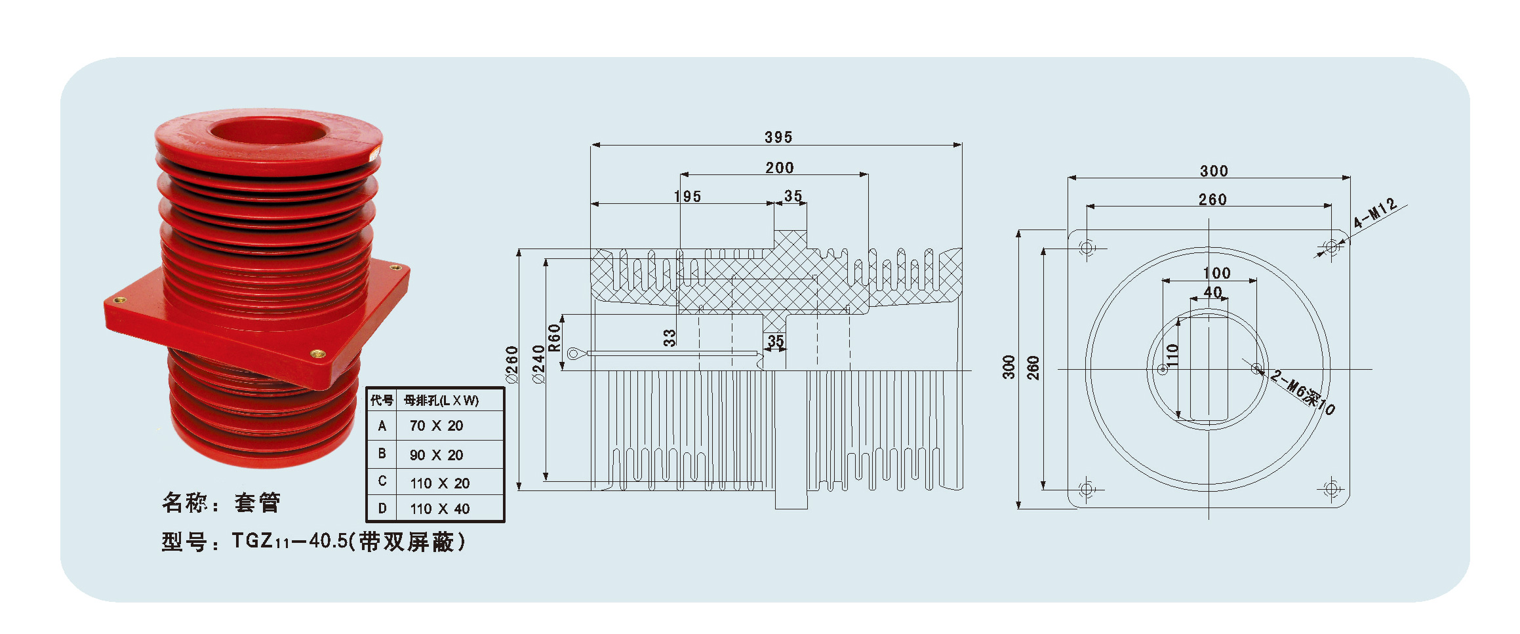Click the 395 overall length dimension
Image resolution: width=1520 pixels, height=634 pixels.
point(778,137)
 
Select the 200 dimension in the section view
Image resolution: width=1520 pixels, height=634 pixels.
point(780,168)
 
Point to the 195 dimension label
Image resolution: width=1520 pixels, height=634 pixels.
point(687,196)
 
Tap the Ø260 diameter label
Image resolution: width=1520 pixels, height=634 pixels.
point(511,365)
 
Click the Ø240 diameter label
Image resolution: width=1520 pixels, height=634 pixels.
point(539,365)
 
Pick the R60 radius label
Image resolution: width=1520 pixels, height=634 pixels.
point(555,338)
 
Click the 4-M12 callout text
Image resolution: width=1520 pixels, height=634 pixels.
point(1375,213)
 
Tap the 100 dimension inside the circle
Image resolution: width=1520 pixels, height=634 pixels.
point(1216,273)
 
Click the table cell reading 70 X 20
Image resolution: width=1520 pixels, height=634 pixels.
point(436,426)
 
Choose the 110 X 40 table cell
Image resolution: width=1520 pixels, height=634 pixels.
point(439,509)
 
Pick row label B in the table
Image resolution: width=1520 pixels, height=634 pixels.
point(382,454)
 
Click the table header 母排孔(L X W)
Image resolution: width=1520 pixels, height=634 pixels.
point(441,400)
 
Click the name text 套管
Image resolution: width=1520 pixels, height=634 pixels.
point(258,502)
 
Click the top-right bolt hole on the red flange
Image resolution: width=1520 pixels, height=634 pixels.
point(395,267)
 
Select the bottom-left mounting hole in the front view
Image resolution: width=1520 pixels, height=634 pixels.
point(1087,488)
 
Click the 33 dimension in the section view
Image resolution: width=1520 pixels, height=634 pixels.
point(669,337)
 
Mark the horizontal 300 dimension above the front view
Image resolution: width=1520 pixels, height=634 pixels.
point(1214,170)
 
